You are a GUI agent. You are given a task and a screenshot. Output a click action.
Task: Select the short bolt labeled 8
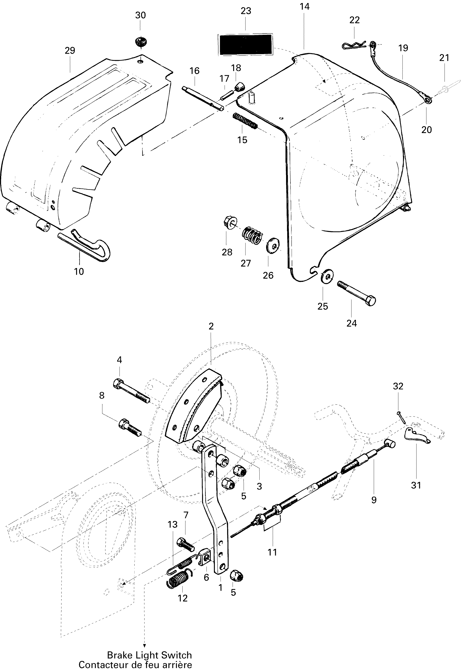coord(130,427)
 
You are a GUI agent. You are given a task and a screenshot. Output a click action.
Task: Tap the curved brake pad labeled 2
coord(193,410)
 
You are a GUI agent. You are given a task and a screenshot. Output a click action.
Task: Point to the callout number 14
coord(304,6)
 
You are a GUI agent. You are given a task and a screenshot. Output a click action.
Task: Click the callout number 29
coord(70,50)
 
